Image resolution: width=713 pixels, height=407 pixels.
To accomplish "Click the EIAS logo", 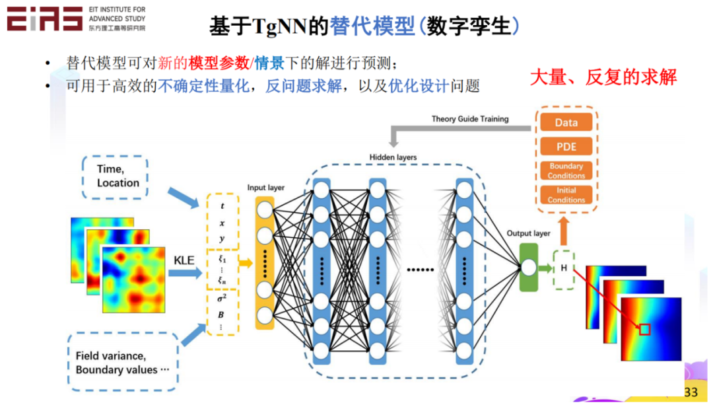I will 44,19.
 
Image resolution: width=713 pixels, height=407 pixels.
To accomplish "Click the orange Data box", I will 566,122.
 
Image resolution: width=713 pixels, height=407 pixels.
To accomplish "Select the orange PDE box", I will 566,146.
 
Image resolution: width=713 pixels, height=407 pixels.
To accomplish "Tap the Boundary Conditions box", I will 566,170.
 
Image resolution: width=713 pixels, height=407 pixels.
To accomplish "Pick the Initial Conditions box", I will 566,195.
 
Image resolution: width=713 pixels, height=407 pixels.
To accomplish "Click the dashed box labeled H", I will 564,268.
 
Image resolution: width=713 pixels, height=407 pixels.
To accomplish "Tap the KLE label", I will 184,260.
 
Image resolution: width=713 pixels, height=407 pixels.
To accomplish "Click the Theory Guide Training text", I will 470,119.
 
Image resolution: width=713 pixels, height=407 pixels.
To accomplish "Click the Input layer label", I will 266,188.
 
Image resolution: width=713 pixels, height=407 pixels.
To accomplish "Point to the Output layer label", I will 528,233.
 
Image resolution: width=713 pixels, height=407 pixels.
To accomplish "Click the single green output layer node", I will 528,268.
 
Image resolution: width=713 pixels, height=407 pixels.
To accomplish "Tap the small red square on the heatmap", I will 644,329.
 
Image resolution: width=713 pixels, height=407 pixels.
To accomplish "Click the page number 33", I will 691,392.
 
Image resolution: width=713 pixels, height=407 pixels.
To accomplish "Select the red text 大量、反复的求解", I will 603,77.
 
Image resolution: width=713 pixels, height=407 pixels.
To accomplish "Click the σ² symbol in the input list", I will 222,299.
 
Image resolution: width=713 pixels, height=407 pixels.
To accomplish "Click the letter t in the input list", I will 222,205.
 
